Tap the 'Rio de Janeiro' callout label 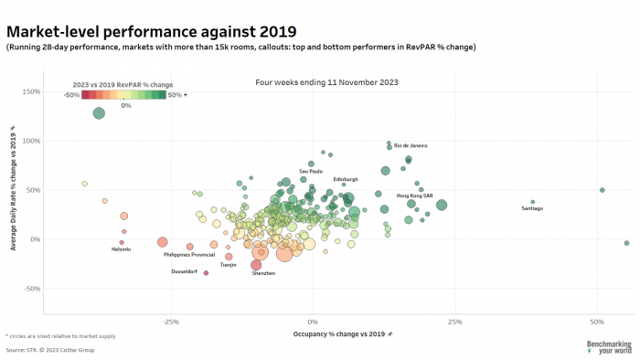(411, 145)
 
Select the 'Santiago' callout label (532, 209)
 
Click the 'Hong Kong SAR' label (414, 196)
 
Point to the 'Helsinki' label (121, 249)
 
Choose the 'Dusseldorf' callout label (185, 272)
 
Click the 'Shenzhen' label (263, 273)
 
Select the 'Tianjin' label (229, 264)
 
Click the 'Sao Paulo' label (311, 171)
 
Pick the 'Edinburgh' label (346, 179)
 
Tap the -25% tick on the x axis (170, 323)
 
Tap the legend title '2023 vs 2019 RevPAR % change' (123, 84)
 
